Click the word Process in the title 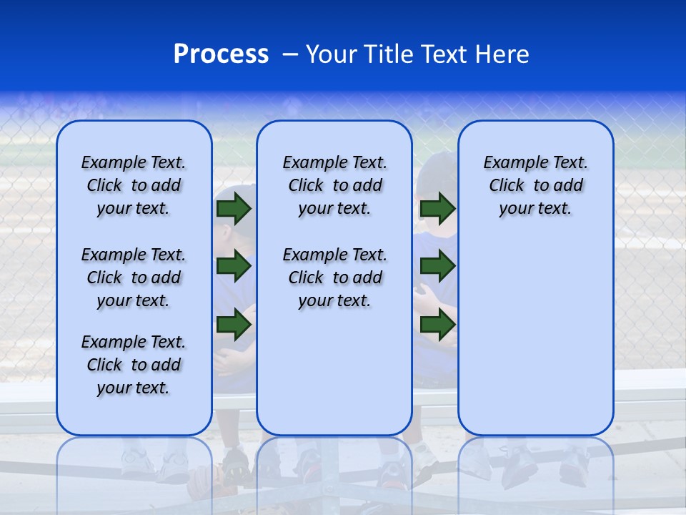pyautogui.click(x=221, y=54)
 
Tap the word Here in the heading pyautogui.click(x=502, y=54)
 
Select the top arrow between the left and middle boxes pyautogui.click(x=234, y=209)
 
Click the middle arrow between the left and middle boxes pyautogui.click(x=234, y=267)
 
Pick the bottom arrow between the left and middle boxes pyautogui.click(x=234, y=325)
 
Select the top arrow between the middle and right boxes pyautogui.click(x=437, y=209)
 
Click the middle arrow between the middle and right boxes pyautogui.click(x=437, y=267)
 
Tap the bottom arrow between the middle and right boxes pyautogui.click(x=437, y=325)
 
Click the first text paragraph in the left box pyautogui.click(x=134, y=185)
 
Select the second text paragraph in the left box pyautogui.click(x=134, y=278)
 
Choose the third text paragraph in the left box pyautogui.click(x=134, y=365)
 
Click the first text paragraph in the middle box pyautogui.click(x=334, y=185)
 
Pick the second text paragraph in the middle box pyautogui.click(x=334, y=278)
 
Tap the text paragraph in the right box pyautogui.click(x=535, y=185)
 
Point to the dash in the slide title pyautogui.click(x=290, y=54)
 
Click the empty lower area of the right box pyautogui.click(x=535, y=336)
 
